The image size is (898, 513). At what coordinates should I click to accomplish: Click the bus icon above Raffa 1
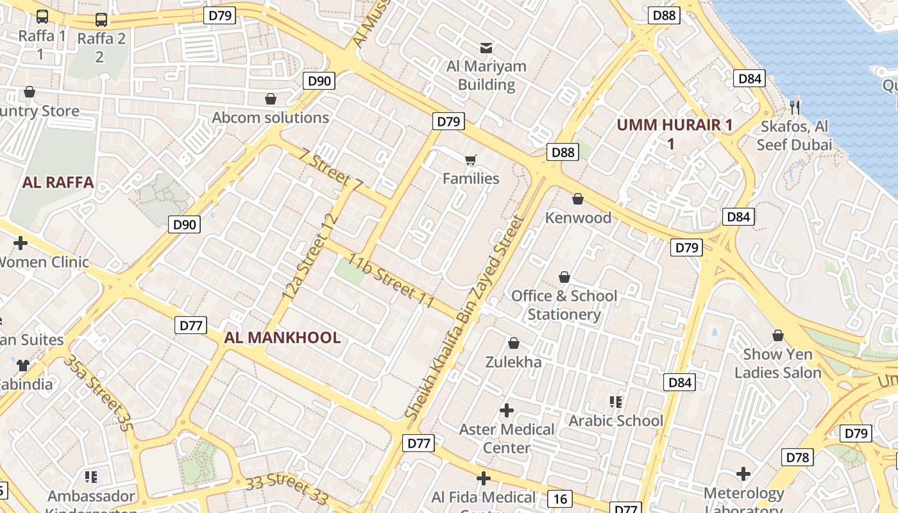point(42,17)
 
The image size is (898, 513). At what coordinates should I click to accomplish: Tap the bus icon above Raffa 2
point(101,20)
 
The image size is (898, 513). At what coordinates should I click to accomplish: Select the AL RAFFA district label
point(58,183)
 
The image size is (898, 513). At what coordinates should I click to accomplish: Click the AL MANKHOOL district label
point(282,338)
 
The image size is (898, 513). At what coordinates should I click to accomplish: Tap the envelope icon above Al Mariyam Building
point(486,47)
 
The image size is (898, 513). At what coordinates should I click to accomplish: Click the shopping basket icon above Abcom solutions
point(271,99)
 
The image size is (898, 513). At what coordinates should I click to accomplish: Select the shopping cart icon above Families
point(471,160)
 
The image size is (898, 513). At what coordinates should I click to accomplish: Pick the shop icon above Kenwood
point(578,199)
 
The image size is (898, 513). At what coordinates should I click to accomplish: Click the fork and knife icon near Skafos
point(795,107)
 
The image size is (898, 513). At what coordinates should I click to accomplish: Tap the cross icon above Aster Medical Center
point(507,410)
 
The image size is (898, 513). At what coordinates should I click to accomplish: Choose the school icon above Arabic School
point(616,402)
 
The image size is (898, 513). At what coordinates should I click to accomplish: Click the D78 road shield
point(798,457)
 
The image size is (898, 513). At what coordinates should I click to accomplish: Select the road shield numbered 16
point(560,499)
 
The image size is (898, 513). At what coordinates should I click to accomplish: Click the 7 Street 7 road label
point(331,170)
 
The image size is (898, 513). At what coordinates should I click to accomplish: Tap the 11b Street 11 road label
point(391,282)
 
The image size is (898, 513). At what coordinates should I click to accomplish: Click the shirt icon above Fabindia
point(23,366)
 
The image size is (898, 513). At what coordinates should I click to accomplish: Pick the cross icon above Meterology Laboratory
point(743,474)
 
